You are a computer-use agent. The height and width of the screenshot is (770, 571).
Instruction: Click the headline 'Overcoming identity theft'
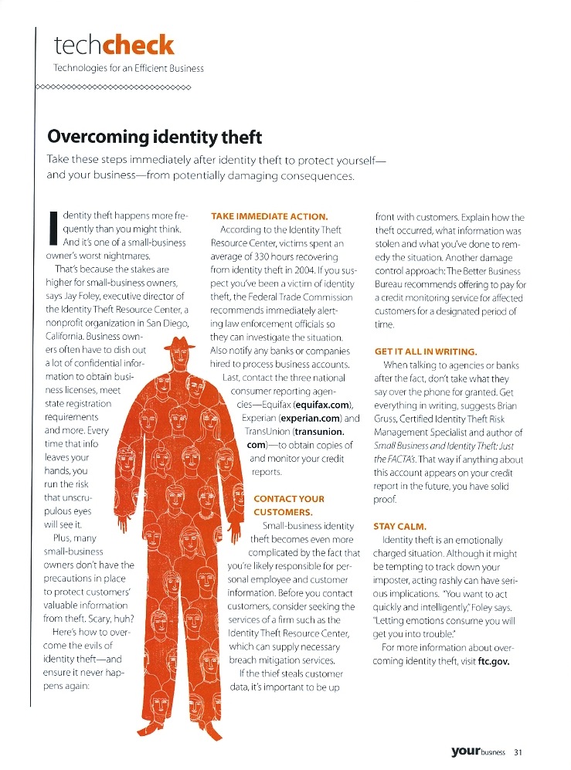155,137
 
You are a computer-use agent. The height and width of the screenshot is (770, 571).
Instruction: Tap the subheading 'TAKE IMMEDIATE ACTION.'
269,216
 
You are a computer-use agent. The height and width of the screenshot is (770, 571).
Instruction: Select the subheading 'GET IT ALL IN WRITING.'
425,351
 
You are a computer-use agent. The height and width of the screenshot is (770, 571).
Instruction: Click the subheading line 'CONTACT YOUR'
289,498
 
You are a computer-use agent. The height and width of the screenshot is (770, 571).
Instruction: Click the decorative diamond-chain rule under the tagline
114,86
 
